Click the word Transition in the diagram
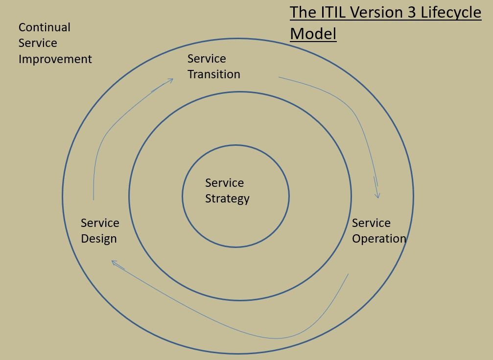(x=214, y=74)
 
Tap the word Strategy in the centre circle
(x=227, y=199)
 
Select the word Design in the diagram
(x=99, y=239)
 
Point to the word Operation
(x=379, y=239)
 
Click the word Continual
(x=45, y=27)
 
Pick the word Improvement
(x=55, y=59)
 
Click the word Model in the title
(x=313, y=34)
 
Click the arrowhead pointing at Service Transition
(x=170, y=80)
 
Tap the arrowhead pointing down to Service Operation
(x=377, y=195)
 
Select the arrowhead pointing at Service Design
(x=115, y=263)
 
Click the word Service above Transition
(x=207, y=59)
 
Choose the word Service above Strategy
(x=224, y=183)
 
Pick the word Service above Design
(x=100, y=223)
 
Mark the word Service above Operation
(x=371, y=223)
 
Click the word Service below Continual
(x=38, y=43)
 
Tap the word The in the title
(x=303, y=12)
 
